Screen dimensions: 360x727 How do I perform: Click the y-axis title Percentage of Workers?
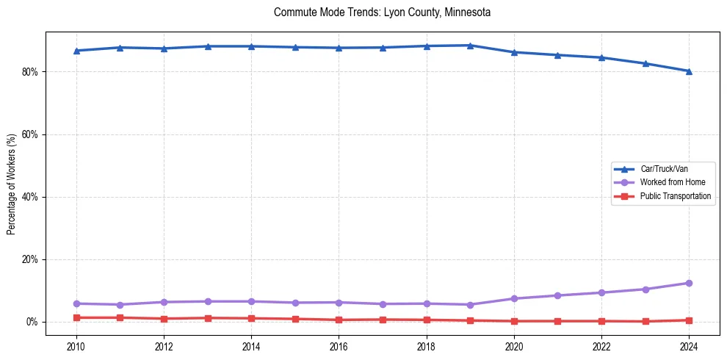click(11, 184)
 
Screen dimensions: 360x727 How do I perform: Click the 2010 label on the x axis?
click(76, 346)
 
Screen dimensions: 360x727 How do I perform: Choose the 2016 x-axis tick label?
click(339, 346)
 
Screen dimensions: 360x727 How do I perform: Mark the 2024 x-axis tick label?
click(689, 346)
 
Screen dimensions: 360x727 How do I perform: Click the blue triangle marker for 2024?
click(689, 71)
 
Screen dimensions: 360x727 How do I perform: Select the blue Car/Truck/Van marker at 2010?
click(76, 51)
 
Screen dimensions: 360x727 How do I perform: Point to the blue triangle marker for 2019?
click(470, 46)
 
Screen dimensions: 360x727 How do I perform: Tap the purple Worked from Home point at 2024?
click(689, 283)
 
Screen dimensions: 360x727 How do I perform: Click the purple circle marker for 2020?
click(514, 298)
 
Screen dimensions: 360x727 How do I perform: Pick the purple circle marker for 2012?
click(164, 302)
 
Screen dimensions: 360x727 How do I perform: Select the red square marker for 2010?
click(76, 317)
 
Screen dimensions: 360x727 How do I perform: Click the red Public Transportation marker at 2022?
click(601, 321)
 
